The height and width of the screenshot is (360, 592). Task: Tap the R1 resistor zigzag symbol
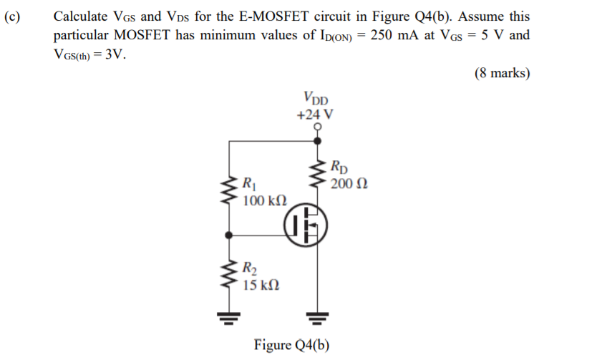pos(229,190)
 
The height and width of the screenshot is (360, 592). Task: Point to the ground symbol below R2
pos(229,317)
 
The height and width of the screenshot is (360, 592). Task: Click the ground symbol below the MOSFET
pos(316,317)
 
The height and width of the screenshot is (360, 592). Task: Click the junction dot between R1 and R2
pos(229,234)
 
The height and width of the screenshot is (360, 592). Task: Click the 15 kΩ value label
pos(261,286)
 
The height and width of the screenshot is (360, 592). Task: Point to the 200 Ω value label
pos(350,184)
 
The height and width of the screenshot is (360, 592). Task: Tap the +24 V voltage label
pos(316,114)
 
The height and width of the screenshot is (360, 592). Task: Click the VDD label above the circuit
pos(316,98)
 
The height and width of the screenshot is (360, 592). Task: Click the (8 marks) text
pos(502,73)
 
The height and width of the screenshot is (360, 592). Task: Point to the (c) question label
pos(13,16)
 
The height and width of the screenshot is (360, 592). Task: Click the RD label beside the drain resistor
pos(340,169)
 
